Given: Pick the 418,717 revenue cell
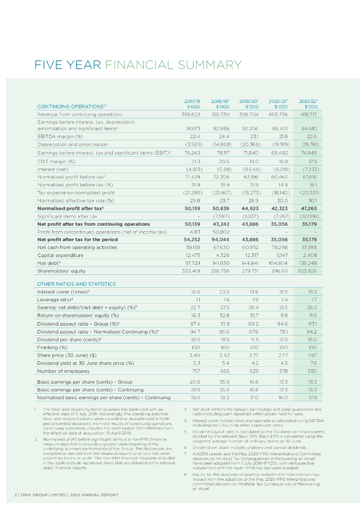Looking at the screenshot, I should click(309, 114).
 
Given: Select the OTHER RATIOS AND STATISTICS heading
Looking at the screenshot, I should click(76, 284).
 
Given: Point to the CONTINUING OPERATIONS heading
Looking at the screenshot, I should click(71, 105).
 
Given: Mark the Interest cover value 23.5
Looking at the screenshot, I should click(223, 292).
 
